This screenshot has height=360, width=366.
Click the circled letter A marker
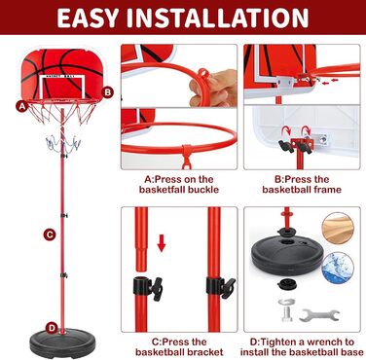[22, 106]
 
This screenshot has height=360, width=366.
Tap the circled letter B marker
[107, 92]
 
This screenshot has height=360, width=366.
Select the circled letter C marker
[50, 234]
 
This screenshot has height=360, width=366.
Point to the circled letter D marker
[52, 328]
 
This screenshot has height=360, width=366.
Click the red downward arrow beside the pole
[162, 243]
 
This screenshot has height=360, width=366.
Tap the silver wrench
[319, 314]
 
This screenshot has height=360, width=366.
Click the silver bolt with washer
[287, 309]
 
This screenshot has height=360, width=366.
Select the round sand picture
[338, 228]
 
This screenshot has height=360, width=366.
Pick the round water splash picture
[339, 269]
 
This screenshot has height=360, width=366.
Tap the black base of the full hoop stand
[62, 342]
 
